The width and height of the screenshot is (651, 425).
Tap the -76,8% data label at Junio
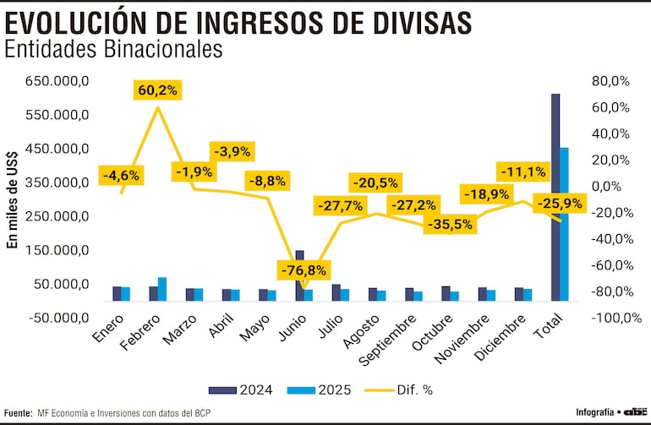[304, 270]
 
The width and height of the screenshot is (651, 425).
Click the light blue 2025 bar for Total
[565, 224]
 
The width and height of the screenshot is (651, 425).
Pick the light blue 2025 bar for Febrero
[162, 289]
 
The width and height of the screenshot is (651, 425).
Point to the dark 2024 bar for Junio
[299, 275]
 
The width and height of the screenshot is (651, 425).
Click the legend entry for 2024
[240, 390]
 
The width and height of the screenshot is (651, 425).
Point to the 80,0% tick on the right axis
[610, 81]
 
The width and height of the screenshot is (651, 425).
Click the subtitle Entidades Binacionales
[113, 49]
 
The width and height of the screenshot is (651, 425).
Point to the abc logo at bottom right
[634, 411]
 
